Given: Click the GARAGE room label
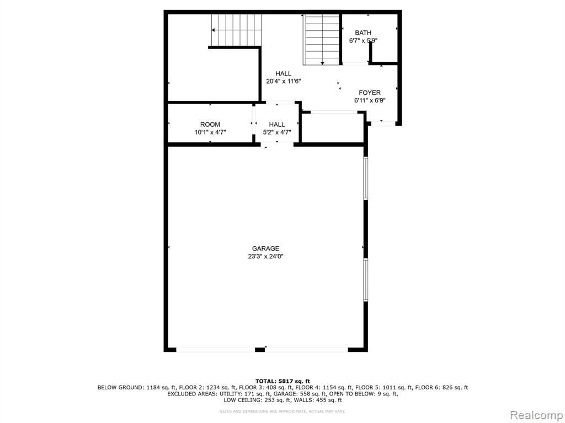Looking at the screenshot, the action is tap(265, 248).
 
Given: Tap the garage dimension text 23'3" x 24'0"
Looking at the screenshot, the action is tap(265, 257).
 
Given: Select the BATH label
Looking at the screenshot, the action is tap(363, 32).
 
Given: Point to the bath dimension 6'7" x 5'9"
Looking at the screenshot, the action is tap(363, 41).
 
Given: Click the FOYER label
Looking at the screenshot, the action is tap(370, 93).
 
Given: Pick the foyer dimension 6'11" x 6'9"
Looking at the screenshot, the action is tap(370, 101).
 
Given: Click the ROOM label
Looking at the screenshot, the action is tap(210, 124).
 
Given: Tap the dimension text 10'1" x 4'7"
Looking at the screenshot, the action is tap(210, 132).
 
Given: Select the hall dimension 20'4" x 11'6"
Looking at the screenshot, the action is tap(284, 82).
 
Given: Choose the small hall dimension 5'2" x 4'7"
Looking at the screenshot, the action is tap(277, 132).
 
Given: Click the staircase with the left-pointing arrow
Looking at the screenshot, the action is tap(236, 30).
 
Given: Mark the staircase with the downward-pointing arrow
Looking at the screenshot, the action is tap(322, 40).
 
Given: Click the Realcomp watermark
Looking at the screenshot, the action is tap(536, 415).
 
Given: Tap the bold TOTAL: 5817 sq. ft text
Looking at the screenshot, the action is tap(282, 381).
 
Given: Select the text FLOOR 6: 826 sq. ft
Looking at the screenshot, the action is tap(441, 388).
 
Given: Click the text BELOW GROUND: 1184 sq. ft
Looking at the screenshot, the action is tap(137, 388).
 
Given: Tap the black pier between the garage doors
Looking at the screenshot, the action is tap(260, 349).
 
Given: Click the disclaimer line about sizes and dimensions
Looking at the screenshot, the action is tap(282, 411).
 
